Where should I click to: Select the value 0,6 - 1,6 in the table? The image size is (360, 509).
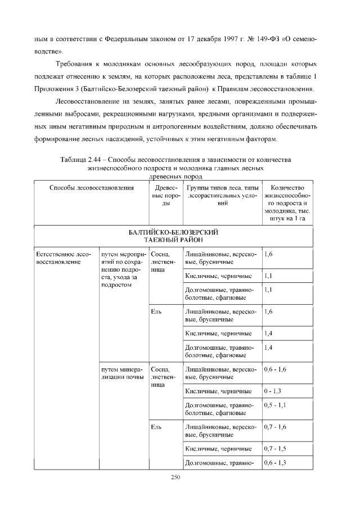(x=275, y=370)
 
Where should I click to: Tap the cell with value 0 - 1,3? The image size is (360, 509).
(x=272, y=391)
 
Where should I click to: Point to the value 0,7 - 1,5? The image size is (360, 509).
(x=275, y=448)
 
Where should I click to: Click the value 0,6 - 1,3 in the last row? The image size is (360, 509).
(x=275, y=463)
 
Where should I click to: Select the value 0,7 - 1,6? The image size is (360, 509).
(x=275, y=427)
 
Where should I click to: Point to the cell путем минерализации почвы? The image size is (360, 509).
(x=122, y=373)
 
